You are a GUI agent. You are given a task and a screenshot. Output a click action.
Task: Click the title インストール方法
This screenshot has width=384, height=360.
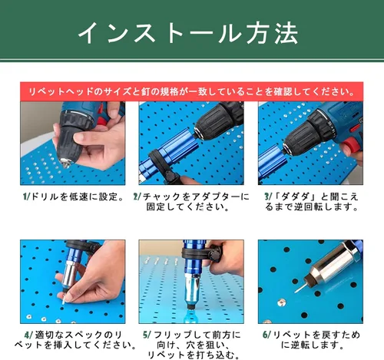coord(188,34)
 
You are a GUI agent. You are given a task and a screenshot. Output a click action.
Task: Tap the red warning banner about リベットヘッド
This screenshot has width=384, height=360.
coord(192,91)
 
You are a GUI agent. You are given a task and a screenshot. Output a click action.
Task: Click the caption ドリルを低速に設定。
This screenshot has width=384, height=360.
coord(76,197)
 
